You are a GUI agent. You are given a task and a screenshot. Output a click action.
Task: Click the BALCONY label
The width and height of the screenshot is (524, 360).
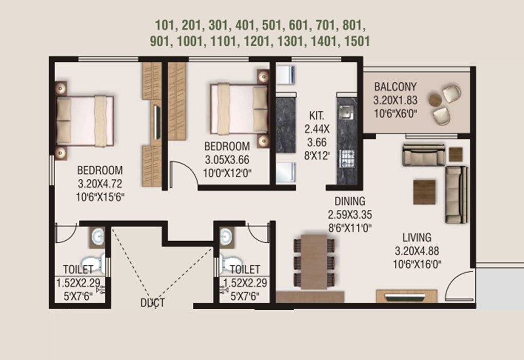pyautogui.click(x=395, y=86)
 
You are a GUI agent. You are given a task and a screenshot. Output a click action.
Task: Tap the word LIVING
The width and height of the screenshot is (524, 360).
pyautogui.click(x=417, y=238)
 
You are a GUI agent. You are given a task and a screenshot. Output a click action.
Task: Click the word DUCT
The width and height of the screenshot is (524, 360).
pyautogui.click(x=153, y=302)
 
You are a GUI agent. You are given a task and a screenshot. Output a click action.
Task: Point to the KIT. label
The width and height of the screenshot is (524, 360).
pyautogui.click(x=316, y=115)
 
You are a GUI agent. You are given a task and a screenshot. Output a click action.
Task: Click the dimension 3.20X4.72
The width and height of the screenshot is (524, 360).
pyautogui.click(x=100, y=183)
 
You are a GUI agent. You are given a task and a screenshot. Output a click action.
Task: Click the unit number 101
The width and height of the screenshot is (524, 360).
pyautogui.click(x=165, y=25)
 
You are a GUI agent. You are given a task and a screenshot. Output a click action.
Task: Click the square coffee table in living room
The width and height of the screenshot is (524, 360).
pyautogui.click(x=424, y=192)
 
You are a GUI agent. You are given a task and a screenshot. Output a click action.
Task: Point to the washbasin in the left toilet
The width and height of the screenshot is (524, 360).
pyautogui.click(x=97, y=237)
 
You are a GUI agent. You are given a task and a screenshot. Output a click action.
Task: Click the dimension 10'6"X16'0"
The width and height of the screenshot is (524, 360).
pyautogui.click(x=417, y=265)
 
